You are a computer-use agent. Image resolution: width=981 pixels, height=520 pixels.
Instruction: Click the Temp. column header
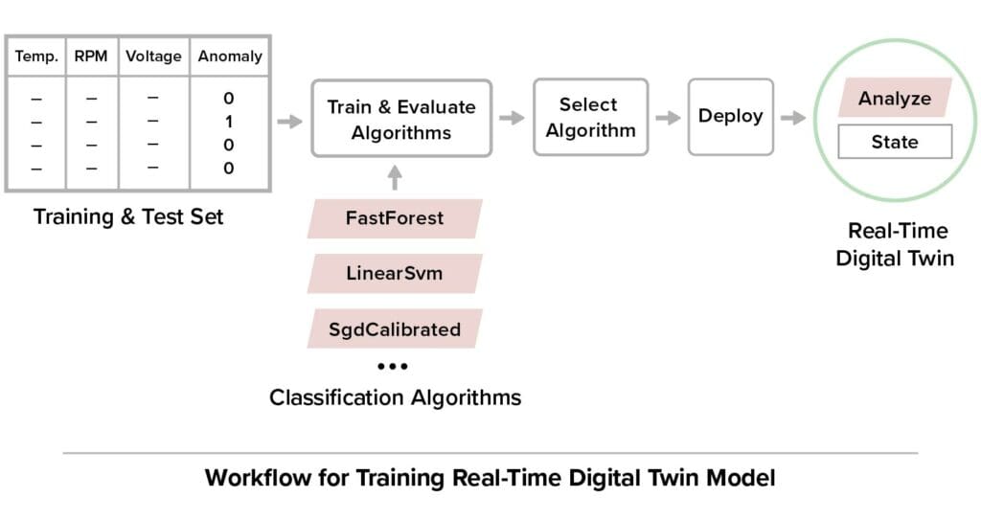(x=36, y=57)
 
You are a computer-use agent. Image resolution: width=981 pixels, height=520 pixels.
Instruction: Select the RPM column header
(x=91, y=57)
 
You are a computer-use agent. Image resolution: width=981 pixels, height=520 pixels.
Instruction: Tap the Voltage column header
(x=153, y=57)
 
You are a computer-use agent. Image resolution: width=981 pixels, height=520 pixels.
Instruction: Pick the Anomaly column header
(x=230, y=57)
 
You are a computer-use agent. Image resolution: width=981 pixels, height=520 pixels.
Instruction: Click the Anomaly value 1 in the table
(x=229, y=122)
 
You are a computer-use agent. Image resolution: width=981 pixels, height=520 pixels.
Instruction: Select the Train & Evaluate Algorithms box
(x=400, y=119)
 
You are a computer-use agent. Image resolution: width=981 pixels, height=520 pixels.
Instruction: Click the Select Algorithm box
(x=589, y=117)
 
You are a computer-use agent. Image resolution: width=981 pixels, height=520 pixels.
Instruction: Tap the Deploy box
(x=730, y=116)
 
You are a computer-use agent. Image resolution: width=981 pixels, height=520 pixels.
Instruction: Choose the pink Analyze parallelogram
(x=894, y=99)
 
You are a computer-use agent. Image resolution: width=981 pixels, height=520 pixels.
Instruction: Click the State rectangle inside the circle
(x=894, y=142)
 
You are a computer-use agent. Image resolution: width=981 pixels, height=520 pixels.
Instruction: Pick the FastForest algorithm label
(x=395, y=218)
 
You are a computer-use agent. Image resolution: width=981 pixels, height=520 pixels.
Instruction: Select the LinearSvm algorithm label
(x=395, y=274)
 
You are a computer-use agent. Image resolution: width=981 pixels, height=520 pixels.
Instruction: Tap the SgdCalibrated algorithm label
(x=395, y=329)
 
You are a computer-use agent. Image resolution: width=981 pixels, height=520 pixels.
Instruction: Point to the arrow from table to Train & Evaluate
(x=288, y=121)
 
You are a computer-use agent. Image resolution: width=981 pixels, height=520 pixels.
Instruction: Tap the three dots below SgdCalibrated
(x=393, y=367)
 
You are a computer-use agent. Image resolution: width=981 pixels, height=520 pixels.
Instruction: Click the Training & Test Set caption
(x=128, y=216)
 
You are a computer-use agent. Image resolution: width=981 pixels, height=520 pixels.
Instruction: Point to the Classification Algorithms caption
(x=395, y=396)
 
